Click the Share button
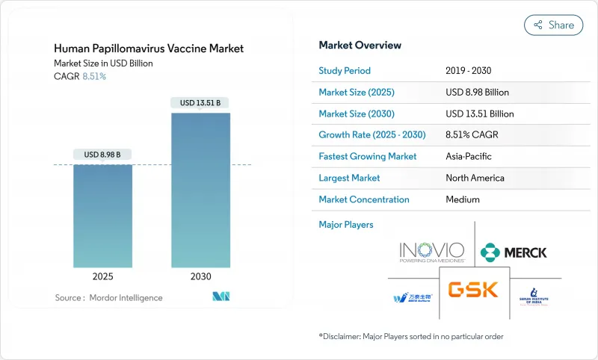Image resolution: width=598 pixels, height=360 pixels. click(x=553, y=25)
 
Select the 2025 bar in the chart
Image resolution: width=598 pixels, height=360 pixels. click(x=102, y=216)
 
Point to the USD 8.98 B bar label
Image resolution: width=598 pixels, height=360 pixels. click(x=102, y=155)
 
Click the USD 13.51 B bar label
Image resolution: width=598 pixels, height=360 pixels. click(x=200, y=102)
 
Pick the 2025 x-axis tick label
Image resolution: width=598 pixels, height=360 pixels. click(x=102, y=276)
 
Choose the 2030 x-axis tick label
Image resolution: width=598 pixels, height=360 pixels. click(x=200, y=276)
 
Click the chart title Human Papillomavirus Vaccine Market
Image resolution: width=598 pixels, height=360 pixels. click(x=149, y=49)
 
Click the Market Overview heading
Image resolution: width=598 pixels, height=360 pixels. click(x=360, y=45)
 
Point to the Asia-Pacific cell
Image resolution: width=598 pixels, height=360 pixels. click(x=469, y=157)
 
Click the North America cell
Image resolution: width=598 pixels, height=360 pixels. click(x=474, y=178)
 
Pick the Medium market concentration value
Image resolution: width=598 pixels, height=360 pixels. click(x=462, y=199)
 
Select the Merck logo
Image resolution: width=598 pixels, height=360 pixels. click(x=514, y=252)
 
